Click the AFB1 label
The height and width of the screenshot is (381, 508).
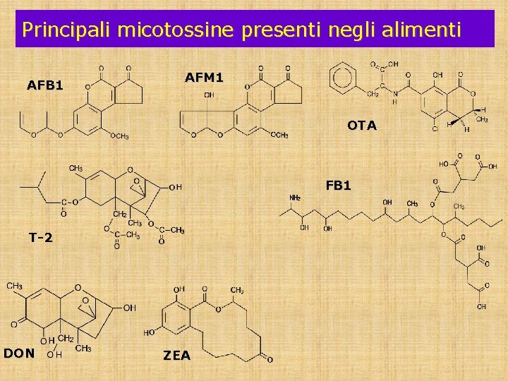pyautogui.click(x=45, y=85)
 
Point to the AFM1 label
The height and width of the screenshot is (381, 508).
pyautogui.click(x=204, y=78)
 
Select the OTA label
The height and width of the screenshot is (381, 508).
pyautogui.click(x=361, y=126)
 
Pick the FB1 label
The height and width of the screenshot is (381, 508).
pyautogui.click(x=339, y=186)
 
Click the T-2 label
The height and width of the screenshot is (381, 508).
pyautogui.click(x=40, y=238)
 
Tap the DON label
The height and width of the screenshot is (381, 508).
pyautogui.click(x=19, y=353)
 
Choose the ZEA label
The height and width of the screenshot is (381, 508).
pyautogui.click(x=177, y=356)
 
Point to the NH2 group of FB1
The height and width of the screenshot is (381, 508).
pyautogui.click(x=294, y=198)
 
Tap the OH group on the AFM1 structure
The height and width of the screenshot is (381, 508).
pyautogui.click(x=210, y=95)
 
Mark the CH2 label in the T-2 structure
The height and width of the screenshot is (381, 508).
pyautogui.click(x=120, y=214)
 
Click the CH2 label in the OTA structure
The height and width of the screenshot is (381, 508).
pyautogui.click(x=374, y=94)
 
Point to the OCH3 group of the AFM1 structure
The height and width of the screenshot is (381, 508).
pyautogui.click(x=278, y=135)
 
